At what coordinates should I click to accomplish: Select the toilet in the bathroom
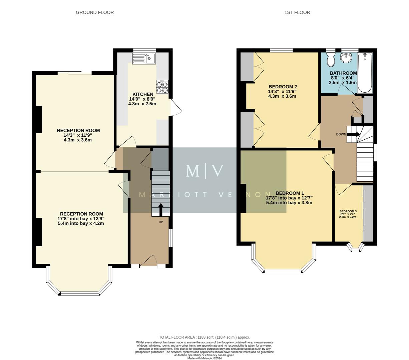coord(331,60)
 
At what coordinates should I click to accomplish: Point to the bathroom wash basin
coord(346,58)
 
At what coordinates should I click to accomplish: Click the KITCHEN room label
coord(143,94)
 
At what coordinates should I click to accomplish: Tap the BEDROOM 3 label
coord(348,211)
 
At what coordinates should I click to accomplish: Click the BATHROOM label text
coord(343,73)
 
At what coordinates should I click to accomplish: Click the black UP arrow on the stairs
coord(160,209)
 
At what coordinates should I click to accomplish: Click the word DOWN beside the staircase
coord(341,134)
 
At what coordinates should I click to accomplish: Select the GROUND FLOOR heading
coord(95,12)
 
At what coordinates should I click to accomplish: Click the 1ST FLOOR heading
coord(297,12)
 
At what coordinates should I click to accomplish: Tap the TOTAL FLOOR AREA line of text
coord(204,337)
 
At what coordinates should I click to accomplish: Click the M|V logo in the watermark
coord(204,170)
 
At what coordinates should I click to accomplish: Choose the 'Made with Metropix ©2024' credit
coord(204,358)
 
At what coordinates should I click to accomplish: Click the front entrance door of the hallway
coord(148,262)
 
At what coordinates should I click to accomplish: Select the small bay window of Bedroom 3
coord(355,247)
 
